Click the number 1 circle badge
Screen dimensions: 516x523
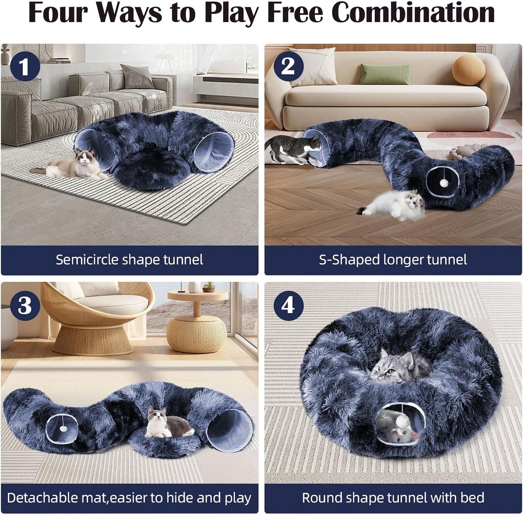pyautogui.click(x=25, y=66)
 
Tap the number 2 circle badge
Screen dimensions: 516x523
pyautogui.click(x=288, y=66)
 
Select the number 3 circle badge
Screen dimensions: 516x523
pyautogui.click(x=25, y=305)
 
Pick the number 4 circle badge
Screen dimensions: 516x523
pyautogui.click(x=288, y=305)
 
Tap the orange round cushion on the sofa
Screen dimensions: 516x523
pyautogui.click(x=468, y=70)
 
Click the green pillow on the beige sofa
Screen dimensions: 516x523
pyautogui.click(x=385, y=74)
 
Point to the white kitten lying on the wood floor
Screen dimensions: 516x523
pyautogui.click(x=395, y=205)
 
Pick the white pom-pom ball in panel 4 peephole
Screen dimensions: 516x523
pyautogui.click(x=402, y=421)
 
